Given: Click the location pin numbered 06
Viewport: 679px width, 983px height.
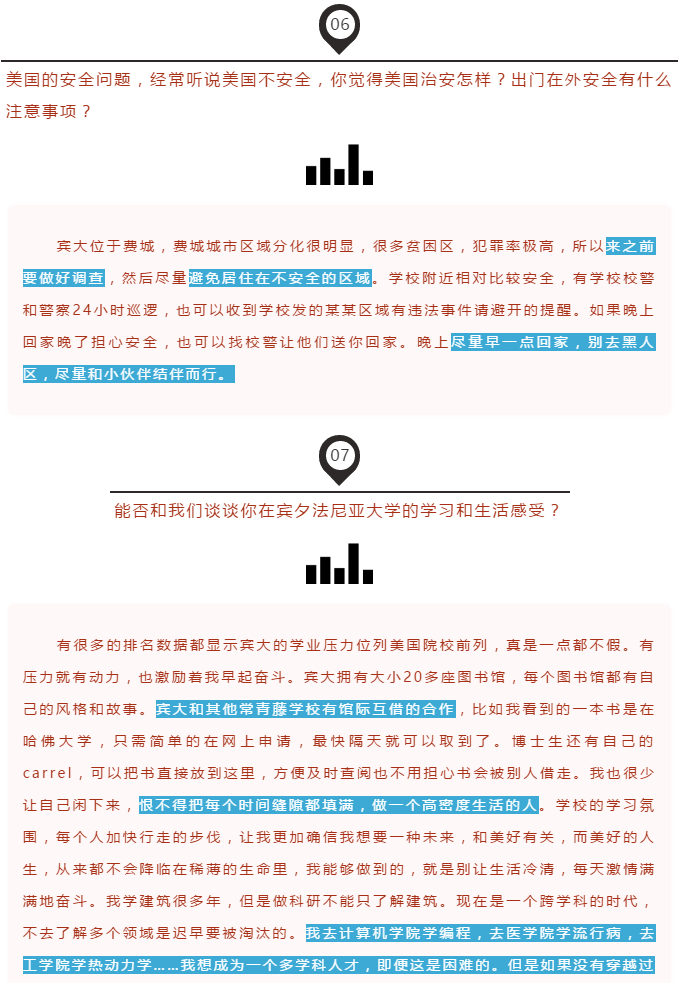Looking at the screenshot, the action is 339,28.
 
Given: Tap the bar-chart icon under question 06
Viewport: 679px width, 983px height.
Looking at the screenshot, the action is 339,164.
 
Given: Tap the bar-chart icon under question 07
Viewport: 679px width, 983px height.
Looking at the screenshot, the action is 339,564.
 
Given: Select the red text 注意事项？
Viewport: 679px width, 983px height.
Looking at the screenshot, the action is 49,111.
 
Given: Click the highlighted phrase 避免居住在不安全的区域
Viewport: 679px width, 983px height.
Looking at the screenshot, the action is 280,278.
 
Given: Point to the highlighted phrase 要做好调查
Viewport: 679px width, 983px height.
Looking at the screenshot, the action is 63,278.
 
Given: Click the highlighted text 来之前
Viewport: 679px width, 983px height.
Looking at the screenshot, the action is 630,246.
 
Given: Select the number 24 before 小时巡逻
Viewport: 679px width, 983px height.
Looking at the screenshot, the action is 82,310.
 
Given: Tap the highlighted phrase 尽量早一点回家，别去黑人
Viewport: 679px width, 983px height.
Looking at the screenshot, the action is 553,342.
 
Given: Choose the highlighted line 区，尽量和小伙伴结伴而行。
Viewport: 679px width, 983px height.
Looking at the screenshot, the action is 129,374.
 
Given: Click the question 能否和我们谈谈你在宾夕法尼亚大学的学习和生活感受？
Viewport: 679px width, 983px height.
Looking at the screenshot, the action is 337,510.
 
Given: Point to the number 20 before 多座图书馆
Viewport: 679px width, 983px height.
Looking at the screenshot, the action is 413,677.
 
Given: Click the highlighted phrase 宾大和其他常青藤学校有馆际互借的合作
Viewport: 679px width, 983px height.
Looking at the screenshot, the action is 305,709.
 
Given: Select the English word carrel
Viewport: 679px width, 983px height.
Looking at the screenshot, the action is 47,773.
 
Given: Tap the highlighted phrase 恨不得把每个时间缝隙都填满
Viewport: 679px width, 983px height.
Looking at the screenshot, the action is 247,805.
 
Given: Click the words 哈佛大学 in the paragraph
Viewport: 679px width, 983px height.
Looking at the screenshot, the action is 57,741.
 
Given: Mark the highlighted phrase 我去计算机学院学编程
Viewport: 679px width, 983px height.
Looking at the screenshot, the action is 389,933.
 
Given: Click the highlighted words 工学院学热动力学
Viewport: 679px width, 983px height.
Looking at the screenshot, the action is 87,965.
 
